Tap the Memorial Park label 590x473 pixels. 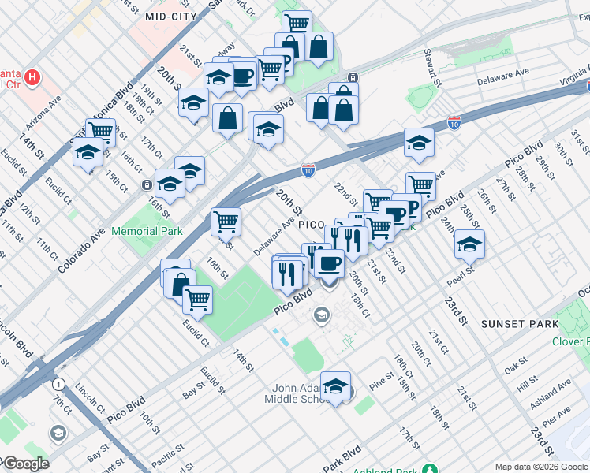(x=147, y=231)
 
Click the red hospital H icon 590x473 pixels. (x=32, y=77)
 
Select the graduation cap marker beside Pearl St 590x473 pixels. (x=469, y=245)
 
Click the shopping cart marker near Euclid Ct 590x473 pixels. (x=197, y=300)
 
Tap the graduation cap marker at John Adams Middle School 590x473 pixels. (x=336, y=386)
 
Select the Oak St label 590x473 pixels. (x=516, y=367)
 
